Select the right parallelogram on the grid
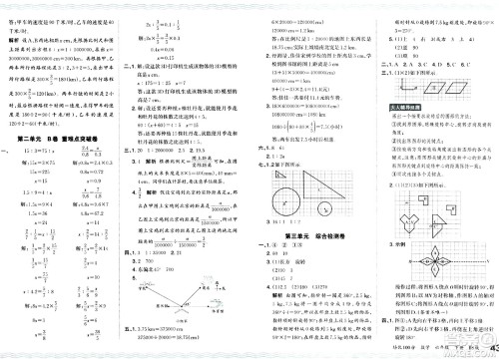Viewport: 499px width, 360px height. pos(462,86)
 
